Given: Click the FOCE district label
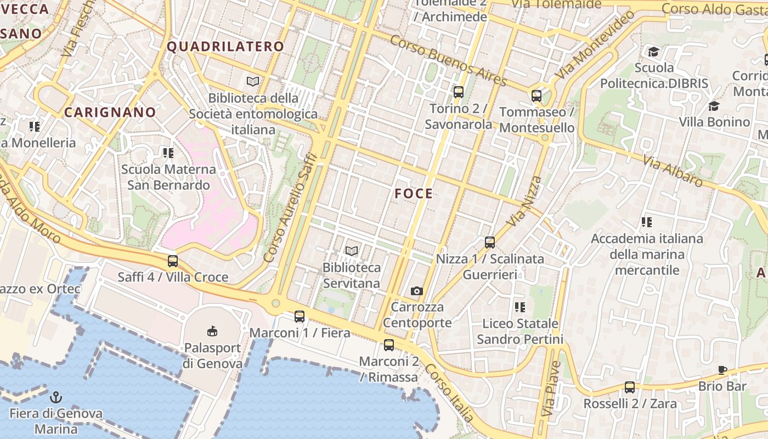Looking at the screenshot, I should tap(414, 193).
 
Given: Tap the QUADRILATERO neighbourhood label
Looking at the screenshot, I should tap(225, 47).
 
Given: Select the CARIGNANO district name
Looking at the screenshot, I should tap(110, 112).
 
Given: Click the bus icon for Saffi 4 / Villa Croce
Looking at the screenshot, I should tap(173, 261).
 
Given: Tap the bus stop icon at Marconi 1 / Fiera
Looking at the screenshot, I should tap(299, 317).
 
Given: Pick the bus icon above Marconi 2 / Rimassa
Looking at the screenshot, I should tap(388, 345).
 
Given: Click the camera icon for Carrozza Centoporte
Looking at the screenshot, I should tap(417, 291).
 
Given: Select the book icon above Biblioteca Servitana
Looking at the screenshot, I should tap(352, 251).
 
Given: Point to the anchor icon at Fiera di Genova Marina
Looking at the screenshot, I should tap(55, 397).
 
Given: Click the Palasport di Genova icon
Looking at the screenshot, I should tap(212, 331).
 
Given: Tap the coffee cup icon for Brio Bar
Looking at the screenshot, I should tap(722, 370).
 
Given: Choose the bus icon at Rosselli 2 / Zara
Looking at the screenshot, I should tap(630, 387).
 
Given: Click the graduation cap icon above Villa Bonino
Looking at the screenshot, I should tap(714, 106).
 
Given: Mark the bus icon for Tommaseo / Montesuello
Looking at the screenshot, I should tap(537, 96).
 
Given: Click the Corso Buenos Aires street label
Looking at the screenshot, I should tap(449, 60).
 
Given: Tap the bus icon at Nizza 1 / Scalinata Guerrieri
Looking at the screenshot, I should tap(490, 242).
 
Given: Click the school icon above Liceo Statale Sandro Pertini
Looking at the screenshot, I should tap(519, 307).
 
